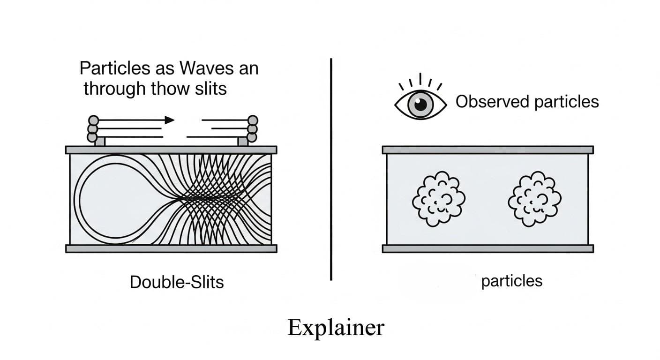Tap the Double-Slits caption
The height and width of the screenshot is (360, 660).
177,282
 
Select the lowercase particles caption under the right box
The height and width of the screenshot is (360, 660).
511,281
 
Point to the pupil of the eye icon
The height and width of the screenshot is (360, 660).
420,105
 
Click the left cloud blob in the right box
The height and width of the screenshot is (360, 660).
438,199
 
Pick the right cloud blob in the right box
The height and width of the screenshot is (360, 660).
534,199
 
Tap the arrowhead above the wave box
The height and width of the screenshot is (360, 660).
169,120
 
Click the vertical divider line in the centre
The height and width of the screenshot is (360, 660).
331,169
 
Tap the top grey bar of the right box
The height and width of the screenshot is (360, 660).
487,150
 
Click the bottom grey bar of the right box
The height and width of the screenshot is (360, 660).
487,248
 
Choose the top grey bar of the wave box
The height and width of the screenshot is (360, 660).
171,150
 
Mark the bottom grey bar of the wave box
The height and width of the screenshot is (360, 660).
171,248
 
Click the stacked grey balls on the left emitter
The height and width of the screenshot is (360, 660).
92,128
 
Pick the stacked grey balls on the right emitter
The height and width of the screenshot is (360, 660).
253,128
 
